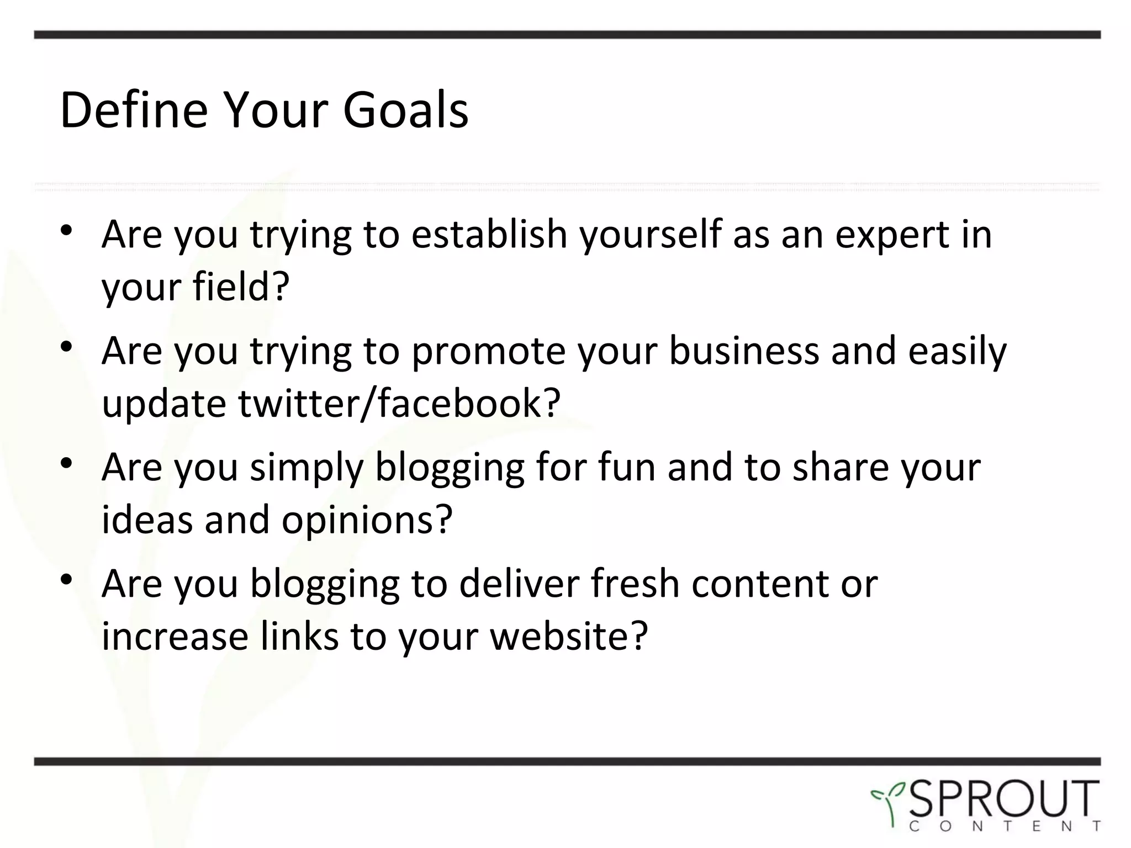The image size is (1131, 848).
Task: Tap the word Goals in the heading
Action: (405, 110)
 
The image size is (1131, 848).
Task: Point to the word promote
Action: (488, 352)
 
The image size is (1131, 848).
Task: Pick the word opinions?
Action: (367, 520)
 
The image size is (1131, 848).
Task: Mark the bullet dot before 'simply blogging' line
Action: (67, 464)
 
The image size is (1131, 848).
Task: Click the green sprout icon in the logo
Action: (888, 803)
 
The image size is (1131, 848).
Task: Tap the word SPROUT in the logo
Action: (1003, 798)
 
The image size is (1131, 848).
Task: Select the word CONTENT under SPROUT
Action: (1003, 827)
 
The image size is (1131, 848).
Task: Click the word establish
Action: (489, 235)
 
